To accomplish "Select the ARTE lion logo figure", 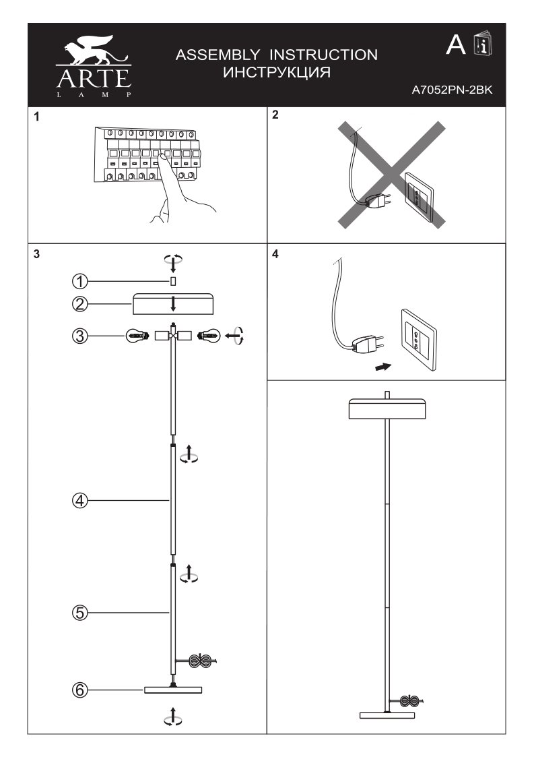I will tap(94, 53).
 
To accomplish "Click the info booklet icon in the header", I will tap(483, 44).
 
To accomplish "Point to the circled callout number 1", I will tap(79, 280).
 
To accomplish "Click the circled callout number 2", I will tap(79, 303).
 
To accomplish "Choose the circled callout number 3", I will tap(79, 335).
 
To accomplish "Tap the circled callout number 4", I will tap(79, 500).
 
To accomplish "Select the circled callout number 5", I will tap(79, 613).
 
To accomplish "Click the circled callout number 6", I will tap(79, 690).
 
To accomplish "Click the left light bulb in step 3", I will tap(137, 335).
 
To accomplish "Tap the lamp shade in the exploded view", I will tap(173, 304).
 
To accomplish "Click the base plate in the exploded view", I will tap(173, 690).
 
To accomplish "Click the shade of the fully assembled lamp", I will tap(387, 409).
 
